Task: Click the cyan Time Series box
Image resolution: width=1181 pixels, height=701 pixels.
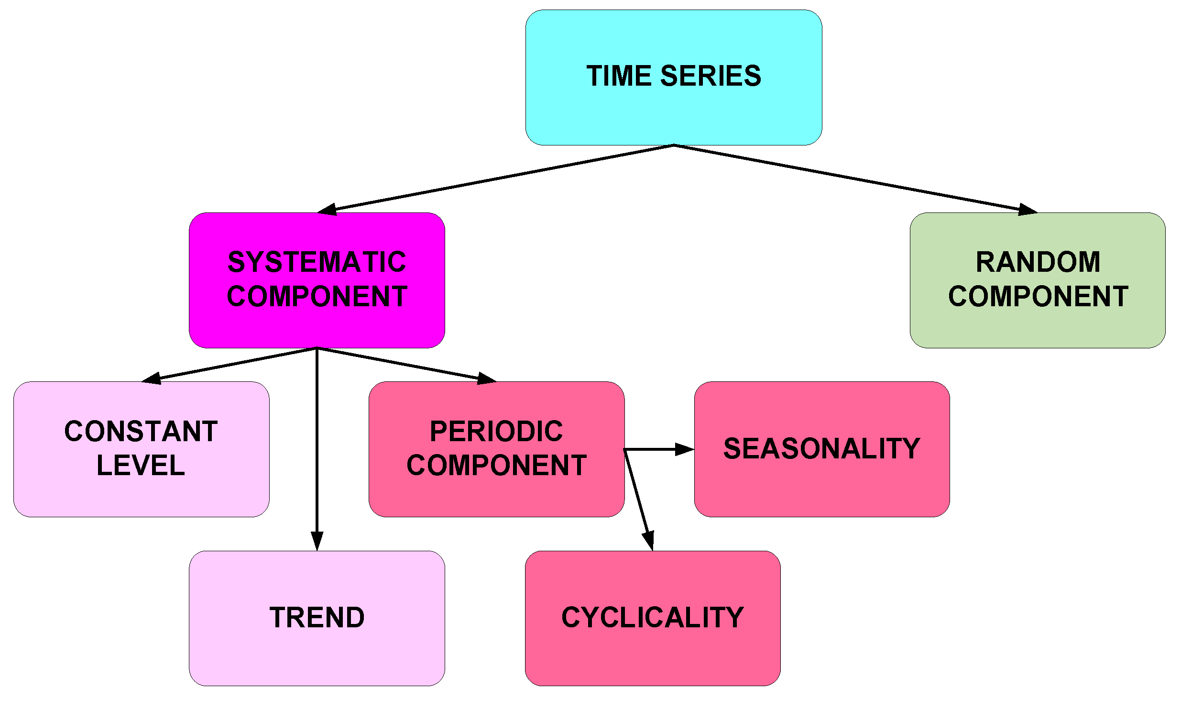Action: point(673,110)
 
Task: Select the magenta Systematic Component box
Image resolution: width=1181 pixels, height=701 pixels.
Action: point(317,325)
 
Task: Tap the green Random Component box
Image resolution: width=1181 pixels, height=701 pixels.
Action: point(1037,325)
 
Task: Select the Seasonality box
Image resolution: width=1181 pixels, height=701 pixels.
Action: point(821,488)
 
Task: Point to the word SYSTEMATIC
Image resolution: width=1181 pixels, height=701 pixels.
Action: point(317,262)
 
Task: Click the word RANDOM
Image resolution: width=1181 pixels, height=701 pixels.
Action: point(1038,262)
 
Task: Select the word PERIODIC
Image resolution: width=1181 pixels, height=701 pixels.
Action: point(496,432)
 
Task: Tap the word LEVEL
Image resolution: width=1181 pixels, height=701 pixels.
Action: point(141,466)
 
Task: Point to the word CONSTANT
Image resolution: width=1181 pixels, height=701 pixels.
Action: point(141,432)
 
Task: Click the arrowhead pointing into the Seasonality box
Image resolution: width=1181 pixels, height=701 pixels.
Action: point(684,449)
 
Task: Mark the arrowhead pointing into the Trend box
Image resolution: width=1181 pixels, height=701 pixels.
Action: point(317,541)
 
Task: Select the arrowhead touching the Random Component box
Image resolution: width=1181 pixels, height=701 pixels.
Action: point(1027,210)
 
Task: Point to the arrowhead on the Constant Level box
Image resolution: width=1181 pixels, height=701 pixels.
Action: point(152,378)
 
